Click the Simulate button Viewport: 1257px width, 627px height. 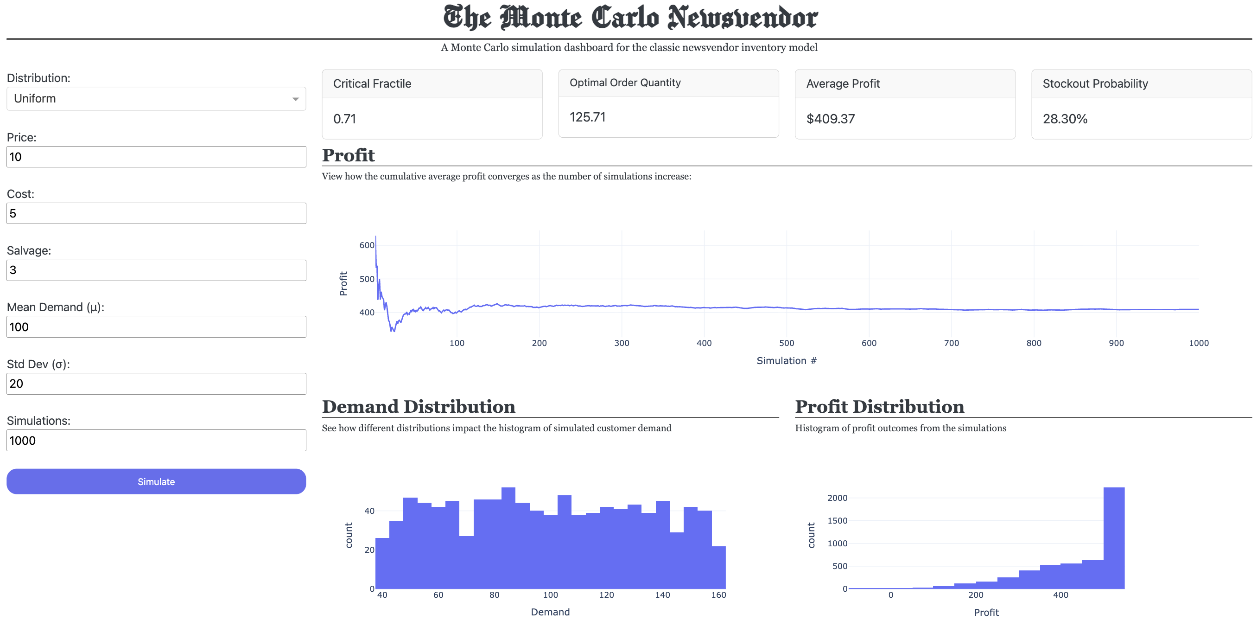pos(156,481)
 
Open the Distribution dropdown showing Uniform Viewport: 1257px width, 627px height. pos(156,99)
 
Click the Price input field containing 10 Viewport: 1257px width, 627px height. pos(156,157)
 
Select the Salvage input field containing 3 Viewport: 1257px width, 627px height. pos(156,270)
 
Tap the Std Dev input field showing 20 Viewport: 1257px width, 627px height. pos(156,384)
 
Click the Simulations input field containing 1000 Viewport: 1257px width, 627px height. pos(156,441)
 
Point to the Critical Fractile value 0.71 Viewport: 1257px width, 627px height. pos(344,119)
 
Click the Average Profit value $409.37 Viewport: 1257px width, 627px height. pos(831,119)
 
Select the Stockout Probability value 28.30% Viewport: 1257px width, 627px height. pos(1065,119)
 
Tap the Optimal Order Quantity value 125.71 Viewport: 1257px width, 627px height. pos(588,117)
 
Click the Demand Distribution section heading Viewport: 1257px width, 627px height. pos(418,407)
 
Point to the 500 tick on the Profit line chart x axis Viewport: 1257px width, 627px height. pos(787,343)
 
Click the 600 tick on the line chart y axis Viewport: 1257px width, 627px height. pos(367,245)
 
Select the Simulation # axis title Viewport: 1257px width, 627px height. pos(787,361)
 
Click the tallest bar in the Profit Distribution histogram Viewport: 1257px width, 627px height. pos(1113,537)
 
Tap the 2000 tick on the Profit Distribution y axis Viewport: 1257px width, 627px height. pos(838,498)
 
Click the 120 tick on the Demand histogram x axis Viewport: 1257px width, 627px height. pos(607,595)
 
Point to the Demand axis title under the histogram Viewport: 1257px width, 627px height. pos(550,612)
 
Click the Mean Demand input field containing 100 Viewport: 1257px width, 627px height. pos(156,326)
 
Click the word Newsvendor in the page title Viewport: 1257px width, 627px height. pos(742,18)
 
